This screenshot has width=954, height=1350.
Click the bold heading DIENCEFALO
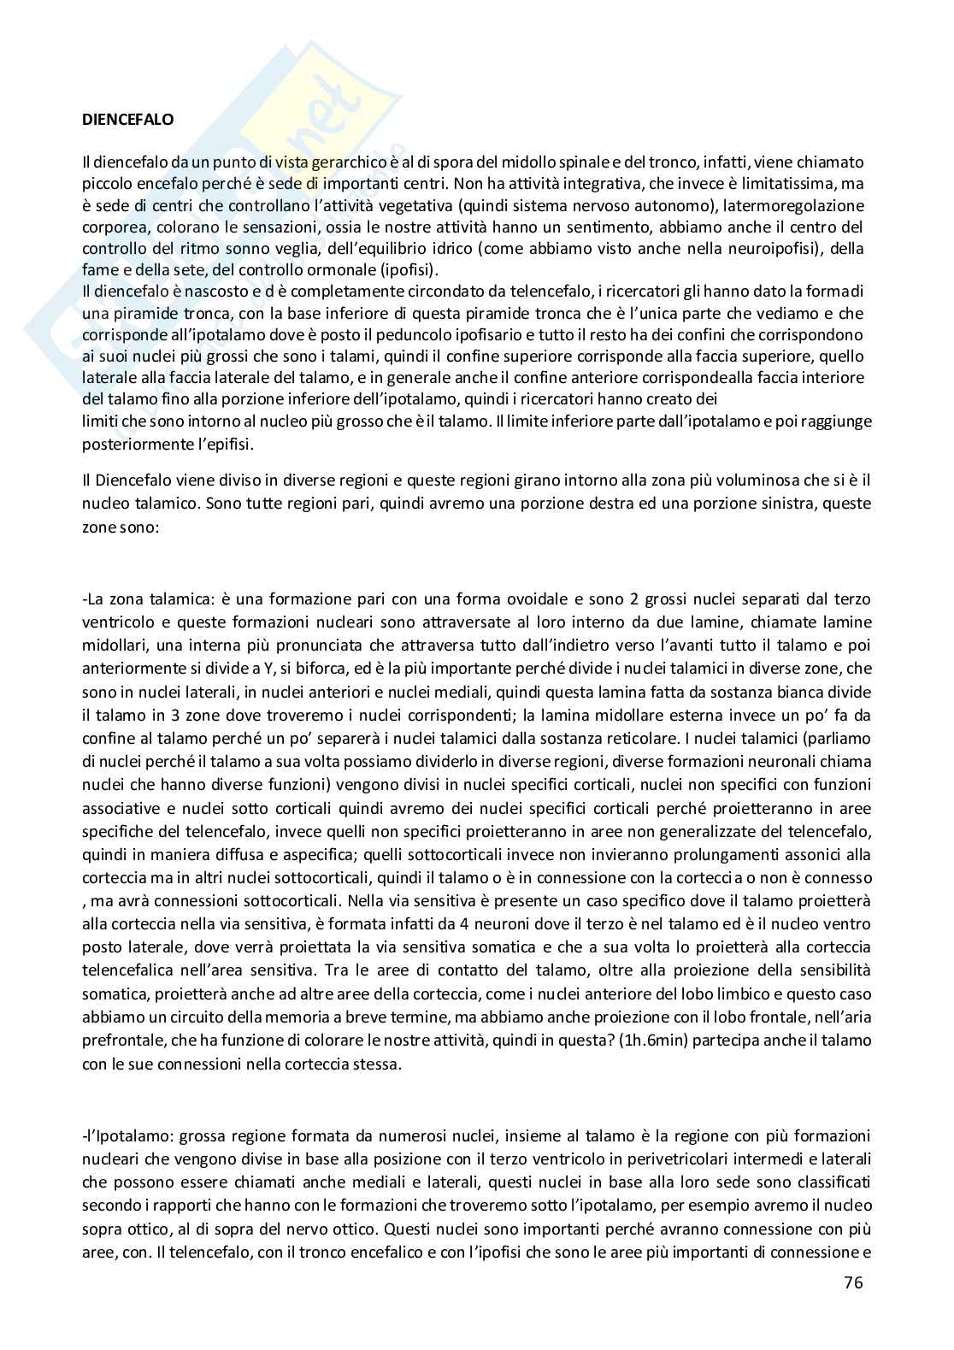127,120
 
